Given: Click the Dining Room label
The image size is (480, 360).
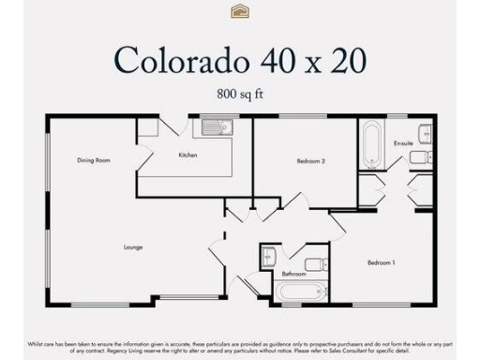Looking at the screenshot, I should (x=94, y=160).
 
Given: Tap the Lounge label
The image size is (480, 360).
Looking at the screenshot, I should (x=133, y=247).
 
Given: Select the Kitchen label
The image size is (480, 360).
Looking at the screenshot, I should (x=187, y=155).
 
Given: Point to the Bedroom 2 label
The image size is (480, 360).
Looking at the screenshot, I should (x=310, y=161).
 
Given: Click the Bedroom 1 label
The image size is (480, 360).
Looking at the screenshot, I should (x=381, y=262).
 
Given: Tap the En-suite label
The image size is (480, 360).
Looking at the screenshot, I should (x=404, y=143).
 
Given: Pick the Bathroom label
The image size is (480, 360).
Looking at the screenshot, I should (x=293, y=274).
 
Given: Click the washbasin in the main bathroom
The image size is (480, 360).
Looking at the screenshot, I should (x=268, y=253).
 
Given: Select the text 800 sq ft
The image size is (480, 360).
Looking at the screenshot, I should (x=239, y=93).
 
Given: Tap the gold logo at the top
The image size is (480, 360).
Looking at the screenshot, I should (x=239, y=10).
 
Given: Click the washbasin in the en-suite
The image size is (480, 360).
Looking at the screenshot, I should (x=424, y=132).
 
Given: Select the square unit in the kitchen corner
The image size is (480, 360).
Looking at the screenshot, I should (x=148, y=128).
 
